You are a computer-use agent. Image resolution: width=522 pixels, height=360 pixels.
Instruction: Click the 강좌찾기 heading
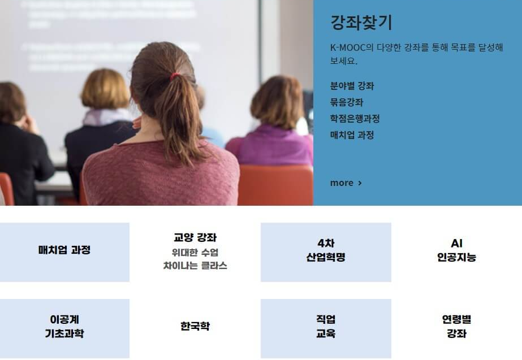pyautogui.click(x=361, y=23)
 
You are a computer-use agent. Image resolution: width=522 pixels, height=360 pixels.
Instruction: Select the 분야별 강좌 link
pyautogui.click(x=352, y=86)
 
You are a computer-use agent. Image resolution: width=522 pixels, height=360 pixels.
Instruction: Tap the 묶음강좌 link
pyautogui.click(x=347, y=102)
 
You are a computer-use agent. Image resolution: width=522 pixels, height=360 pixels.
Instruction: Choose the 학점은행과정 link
pyautogui.click(x=355, y=119)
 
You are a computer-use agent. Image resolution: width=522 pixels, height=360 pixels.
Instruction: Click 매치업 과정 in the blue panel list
pyautogui.click(x=352, y=135)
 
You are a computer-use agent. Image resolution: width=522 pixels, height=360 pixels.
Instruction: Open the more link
pyautogui.click(x=342, y=183)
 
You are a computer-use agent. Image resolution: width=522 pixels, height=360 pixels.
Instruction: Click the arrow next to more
pyautogui.click(x=360, y=183)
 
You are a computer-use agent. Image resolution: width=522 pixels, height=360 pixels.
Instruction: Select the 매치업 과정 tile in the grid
pyautogui.click(x=64, y=250)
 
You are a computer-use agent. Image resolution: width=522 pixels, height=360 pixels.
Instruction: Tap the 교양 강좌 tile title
pyautogui.click(x=195, y=237)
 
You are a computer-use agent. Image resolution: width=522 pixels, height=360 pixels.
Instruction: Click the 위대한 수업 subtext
pyautogui.click(x=195, y=252)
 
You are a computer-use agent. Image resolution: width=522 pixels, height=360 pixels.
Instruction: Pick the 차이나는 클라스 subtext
pyautogui.click(x=195, y=266)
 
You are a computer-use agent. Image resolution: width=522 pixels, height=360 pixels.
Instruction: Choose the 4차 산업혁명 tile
pyautogui.click(x=326, y=250)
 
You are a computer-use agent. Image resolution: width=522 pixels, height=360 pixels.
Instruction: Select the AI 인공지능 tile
pyautogui.click(x=456, y=250)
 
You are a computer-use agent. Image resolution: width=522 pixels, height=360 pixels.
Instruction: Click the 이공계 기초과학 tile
pyautogui.click(x=64, y=327)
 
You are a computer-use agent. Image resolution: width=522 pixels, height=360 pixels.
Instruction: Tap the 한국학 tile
pyautogui.click(x=195, y=327)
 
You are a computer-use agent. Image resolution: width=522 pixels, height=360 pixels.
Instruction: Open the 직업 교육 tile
pyautogui.click(x=326, y=327)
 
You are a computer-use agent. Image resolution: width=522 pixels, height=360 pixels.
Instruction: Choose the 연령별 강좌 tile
pyautogui.click(x=456, y=327)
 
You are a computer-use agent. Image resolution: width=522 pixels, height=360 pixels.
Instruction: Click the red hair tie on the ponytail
pyautogui.click(x=176, y=75)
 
